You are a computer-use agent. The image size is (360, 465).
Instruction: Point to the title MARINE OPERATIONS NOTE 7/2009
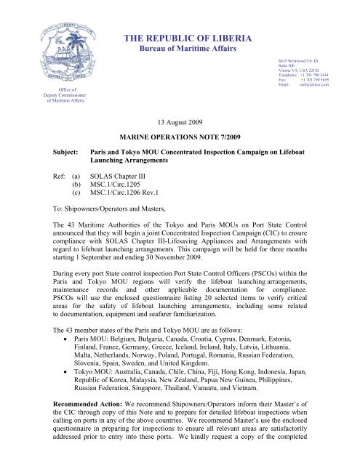(x=180, y=137)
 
